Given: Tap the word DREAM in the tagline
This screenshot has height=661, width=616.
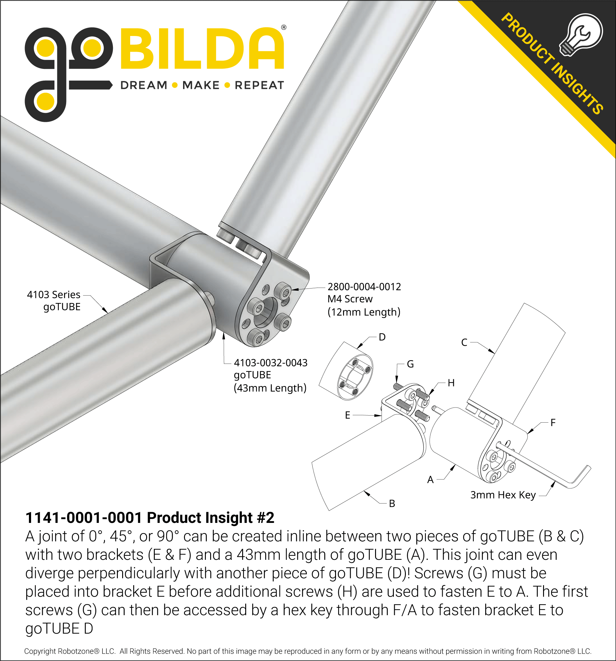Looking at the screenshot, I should (144, 86).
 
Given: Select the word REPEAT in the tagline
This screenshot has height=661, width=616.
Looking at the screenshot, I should (259, 86).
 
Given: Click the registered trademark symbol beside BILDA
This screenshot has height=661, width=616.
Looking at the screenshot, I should (283, 28).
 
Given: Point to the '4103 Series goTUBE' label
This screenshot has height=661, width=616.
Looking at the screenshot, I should (54, 301).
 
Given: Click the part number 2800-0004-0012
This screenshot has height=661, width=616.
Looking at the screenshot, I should (364, 287).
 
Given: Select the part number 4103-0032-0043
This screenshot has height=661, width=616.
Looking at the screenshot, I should (270, 363).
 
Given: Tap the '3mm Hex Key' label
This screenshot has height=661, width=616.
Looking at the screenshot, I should (502, 495).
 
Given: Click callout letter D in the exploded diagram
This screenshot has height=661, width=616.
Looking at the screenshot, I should (382, 337).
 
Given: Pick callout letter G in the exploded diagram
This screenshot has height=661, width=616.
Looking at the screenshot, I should (410, 364).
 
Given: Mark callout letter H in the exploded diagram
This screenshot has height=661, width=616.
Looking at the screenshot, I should (451, 383).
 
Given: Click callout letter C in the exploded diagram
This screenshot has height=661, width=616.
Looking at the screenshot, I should (464, 342).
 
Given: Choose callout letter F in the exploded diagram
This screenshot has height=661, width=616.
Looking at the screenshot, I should (553, 423).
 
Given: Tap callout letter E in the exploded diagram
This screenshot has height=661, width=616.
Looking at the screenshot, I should (348, 415).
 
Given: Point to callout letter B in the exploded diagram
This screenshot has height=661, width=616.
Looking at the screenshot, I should (392, 504).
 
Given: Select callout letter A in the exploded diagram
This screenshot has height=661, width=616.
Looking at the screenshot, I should (430, 480).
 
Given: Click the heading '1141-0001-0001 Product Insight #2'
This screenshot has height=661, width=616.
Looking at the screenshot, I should (150, 518).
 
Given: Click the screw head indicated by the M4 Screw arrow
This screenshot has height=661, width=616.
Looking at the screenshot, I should (284, 292).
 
